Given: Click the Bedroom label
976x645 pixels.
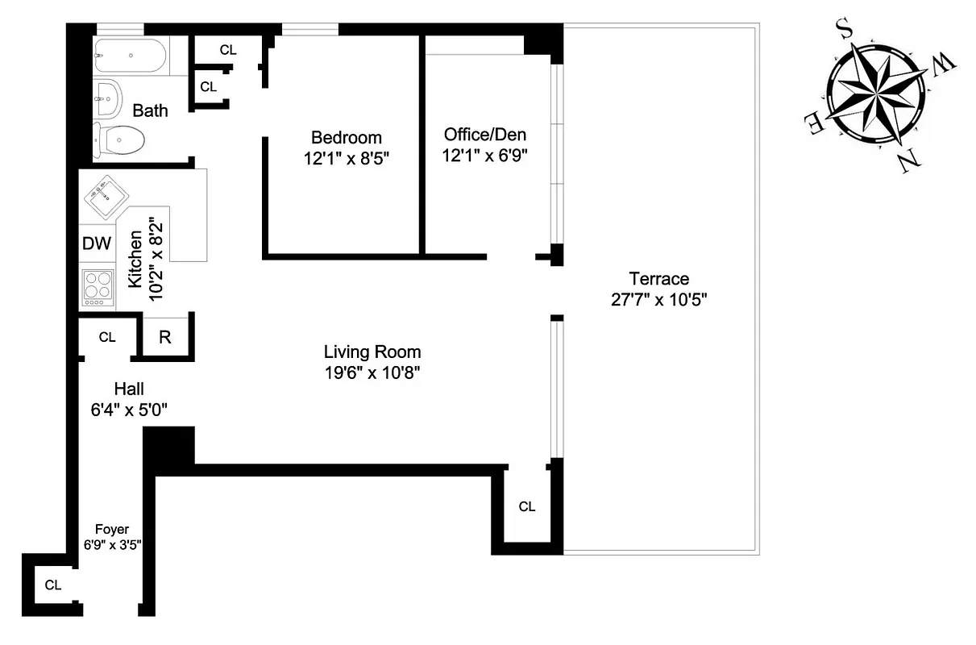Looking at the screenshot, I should click(x=347, y=137).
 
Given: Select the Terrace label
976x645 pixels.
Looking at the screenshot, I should click(x=658, y=279).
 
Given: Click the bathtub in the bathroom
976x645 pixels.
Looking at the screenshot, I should click(x=130, y=56).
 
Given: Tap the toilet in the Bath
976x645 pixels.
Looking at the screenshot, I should click(x=120, y=140).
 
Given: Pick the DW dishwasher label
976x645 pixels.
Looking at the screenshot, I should click(x=97, y=243).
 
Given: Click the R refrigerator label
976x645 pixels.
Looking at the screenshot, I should click(x=165, y=338).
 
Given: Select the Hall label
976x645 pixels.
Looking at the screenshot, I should click(x=128, y=389).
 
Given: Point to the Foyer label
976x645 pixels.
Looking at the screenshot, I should click(x=112, y=529).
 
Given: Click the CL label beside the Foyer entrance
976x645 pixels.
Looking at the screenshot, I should click(x=53, y=585).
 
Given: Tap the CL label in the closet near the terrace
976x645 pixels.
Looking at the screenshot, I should click(x=527, y=506).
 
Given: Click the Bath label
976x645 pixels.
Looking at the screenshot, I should click(x=150, y=110).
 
